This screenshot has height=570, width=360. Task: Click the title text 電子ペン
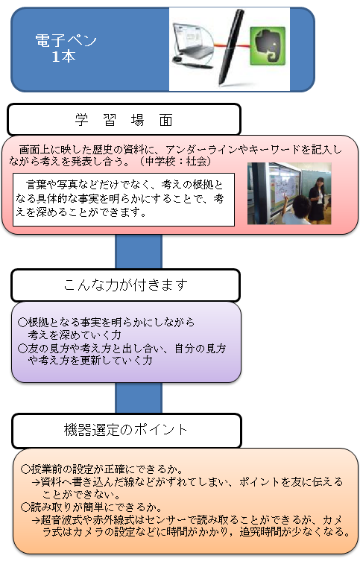(x=66, y=40)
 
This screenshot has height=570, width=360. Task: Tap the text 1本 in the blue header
(x=63, y=57)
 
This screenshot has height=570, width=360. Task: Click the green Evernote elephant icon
(x=268, y=45)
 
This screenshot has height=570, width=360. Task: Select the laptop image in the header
(x=193, y=45)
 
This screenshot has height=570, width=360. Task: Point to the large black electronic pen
(x=230, y=47)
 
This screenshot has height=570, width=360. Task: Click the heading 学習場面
(x=124, y=120)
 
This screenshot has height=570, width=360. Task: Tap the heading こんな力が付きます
(x=125, y=285)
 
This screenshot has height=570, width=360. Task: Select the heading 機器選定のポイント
(x=125, y=430)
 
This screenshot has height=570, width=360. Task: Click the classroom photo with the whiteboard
(x=289, y=194)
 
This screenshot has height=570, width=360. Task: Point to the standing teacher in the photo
(x=317, y=199)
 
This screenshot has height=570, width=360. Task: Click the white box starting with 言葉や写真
(x=124, y=200)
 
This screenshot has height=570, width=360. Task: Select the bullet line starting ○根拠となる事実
(x=106, y=328)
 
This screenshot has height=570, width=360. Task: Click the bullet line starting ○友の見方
(x=121, y=354)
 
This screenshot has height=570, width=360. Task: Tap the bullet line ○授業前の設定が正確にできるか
(x=102, y=469)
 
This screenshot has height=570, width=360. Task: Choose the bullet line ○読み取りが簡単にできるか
(x=92, y=507)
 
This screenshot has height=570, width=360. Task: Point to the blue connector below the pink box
(x=139, y=252)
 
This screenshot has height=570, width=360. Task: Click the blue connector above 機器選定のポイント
(x=139, y=398)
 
